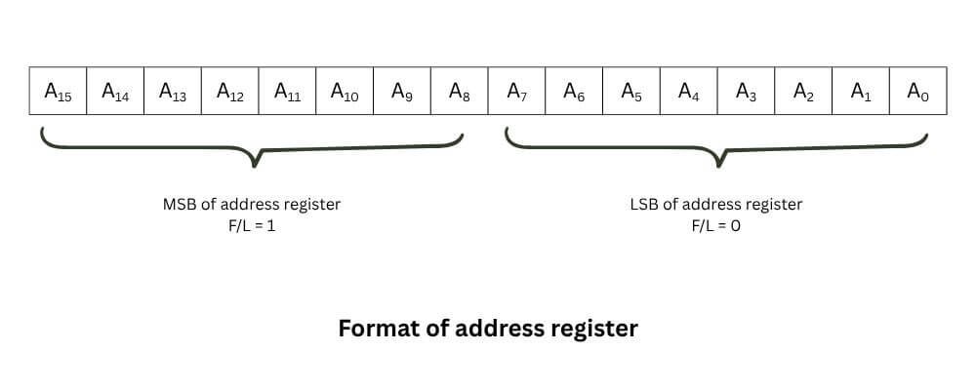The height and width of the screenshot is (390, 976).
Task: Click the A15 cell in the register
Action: (x=58, y=93)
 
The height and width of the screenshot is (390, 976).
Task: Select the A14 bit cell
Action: (x=115, y=93)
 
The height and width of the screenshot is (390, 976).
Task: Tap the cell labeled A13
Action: (x=173, y=93)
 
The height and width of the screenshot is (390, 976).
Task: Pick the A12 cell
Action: (x=230, y=93)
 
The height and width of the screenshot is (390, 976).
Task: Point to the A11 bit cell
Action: (x=288, y=93)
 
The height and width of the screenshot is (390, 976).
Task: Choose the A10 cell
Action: (x=345, y=93)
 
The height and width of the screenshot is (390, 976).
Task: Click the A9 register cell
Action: (x=402, y=93)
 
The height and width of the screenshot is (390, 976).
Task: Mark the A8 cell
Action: (x=460, y=93)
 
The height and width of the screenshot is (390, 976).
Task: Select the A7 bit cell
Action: (x=517, y=93)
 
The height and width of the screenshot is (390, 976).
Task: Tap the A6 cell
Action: (x=575, y=93)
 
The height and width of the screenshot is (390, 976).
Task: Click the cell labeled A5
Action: (x=631, y=93)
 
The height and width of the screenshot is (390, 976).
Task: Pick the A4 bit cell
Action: (x=689, y=93)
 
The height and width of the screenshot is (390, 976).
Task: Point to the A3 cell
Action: (x=747, y=93)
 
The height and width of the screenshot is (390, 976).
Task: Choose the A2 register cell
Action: (x=804, y=93)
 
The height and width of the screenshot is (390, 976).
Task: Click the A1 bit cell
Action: (x=861, y=93)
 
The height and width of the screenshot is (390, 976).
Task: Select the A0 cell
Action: (x=917, y=93)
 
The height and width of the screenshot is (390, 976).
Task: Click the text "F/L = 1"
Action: (x=251, y=225)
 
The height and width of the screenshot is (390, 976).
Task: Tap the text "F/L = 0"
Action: (x=715, y=225)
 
